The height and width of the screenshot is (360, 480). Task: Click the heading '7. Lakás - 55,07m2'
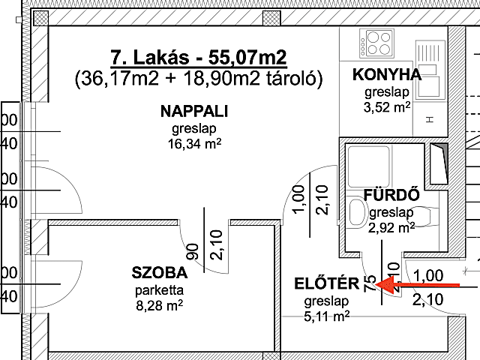[199, 58]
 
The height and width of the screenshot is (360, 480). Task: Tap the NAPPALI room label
[193, 112]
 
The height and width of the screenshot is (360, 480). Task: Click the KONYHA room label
[387, 75]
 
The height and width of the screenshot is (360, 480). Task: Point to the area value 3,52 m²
[387, 107]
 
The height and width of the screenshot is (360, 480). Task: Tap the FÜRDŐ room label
[390, 196]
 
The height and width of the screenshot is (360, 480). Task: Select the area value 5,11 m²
[327, 317]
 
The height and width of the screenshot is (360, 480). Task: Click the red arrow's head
[379, 285]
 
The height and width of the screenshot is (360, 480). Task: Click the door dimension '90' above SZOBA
[193, 250]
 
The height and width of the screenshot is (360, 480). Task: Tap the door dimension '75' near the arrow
[369, 283]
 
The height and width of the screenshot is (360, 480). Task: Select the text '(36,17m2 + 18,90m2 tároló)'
[199, 78]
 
